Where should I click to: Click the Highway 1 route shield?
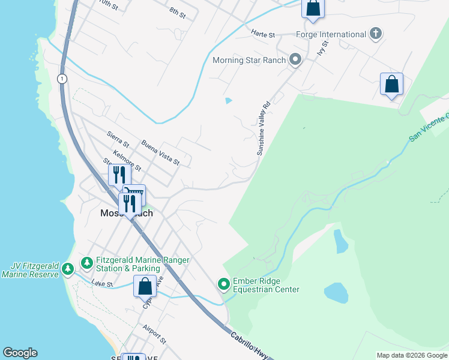point(61,79)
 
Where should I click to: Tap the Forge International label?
point(331,34)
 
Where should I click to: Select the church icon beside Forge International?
point(376,33)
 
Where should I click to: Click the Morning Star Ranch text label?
point(249,60)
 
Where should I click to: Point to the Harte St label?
point(263,34)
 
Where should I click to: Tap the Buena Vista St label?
point(160,152)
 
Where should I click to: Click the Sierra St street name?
point(118,140)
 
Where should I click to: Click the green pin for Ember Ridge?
point(224,283)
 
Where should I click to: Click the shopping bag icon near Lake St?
point(145,286)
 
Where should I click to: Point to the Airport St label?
point(153,334)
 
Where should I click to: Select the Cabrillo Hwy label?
point(253,344)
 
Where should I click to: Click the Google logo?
point(20,353)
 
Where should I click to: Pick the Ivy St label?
point(324,48)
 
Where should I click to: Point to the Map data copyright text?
point(412,355)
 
